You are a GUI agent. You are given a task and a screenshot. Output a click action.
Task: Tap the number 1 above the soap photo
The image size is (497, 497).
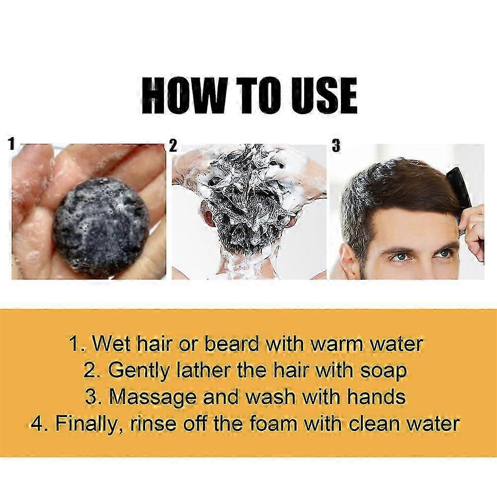click(12, 144)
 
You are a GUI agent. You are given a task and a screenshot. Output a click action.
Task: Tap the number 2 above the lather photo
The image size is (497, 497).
click(173, 146)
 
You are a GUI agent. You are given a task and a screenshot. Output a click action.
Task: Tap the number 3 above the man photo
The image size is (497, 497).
click(336, 146)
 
